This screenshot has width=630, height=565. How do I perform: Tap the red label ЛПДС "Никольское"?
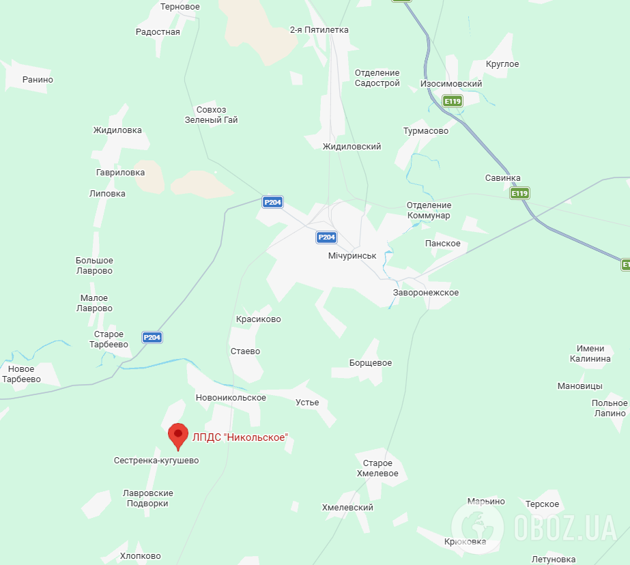point(240,437)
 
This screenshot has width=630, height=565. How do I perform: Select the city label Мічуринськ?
point(352,255)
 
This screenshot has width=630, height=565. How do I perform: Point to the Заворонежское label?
point(426,293)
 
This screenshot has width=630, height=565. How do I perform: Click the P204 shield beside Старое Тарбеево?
point(152,337)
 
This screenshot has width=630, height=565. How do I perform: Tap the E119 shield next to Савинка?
point(519,193)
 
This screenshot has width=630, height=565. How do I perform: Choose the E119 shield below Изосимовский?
point(453,101)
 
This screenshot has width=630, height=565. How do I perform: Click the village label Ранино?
point(38,80)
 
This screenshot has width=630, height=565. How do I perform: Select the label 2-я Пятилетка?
point(319,30)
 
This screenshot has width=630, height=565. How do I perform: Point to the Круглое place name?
point(502,64)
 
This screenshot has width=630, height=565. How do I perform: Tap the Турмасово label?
point(426,130)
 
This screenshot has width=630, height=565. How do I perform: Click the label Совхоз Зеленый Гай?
point(212,115)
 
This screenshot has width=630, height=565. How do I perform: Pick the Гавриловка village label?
point(121,173)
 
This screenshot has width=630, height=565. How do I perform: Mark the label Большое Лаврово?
point(94,265)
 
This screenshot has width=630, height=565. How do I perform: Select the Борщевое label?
point(371,363)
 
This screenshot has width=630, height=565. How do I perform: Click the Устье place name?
point(307,403)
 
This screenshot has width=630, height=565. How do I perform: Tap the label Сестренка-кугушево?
point(156,461)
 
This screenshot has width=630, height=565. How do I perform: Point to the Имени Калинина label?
point(590,353)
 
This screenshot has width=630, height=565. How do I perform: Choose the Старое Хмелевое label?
point(377,469)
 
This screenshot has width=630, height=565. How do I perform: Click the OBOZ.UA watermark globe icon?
point(478,526)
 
